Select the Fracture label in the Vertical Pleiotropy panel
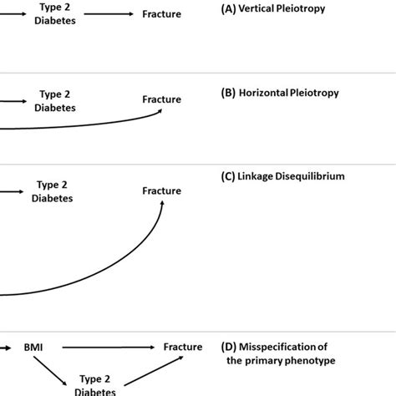161,15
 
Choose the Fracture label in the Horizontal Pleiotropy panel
161,99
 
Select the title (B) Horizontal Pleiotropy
279,94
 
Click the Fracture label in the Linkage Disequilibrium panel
161,190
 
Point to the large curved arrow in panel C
117,267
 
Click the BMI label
33,347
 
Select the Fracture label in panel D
182,347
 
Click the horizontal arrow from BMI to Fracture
109,347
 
